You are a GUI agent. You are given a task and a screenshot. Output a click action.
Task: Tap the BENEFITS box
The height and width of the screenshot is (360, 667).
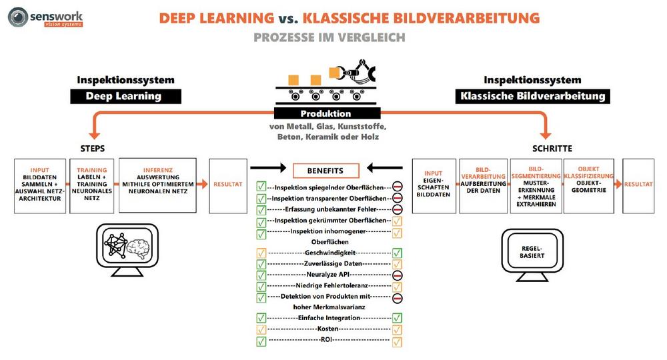325,171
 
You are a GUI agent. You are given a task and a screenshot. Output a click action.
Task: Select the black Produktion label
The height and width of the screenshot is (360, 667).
325,113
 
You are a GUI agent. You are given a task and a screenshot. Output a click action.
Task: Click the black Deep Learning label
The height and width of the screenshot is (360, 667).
125,96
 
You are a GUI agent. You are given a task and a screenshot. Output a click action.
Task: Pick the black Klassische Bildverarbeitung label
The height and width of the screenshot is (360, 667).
533,96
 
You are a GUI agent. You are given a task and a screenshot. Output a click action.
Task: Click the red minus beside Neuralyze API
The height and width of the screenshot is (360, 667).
397,274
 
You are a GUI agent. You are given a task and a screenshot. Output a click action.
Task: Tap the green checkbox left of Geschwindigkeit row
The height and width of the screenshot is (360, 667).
261,253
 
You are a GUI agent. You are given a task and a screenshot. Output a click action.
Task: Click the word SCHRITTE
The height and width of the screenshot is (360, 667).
552,147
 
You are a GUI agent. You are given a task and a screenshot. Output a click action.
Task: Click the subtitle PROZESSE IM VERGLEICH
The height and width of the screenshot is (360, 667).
329,37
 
